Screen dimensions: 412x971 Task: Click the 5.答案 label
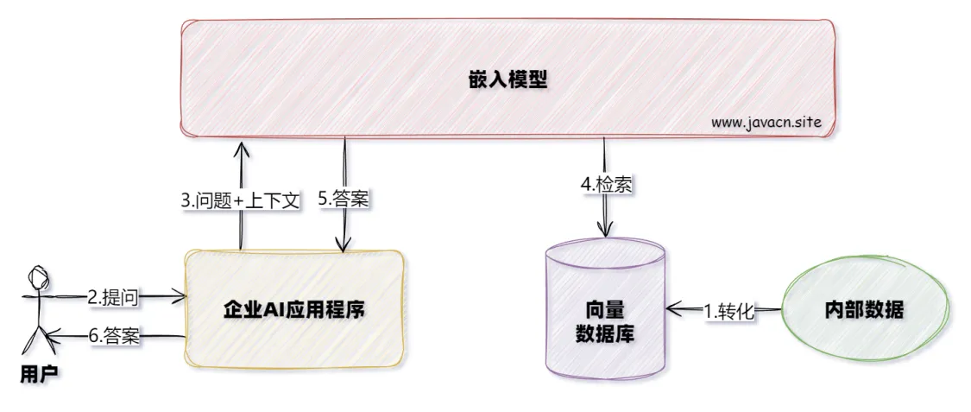tap(344, 200)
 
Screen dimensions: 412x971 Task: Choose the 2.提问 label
tap(113, 297)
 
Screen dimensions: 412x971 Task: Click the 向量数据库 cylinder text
tap(604, 320)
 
